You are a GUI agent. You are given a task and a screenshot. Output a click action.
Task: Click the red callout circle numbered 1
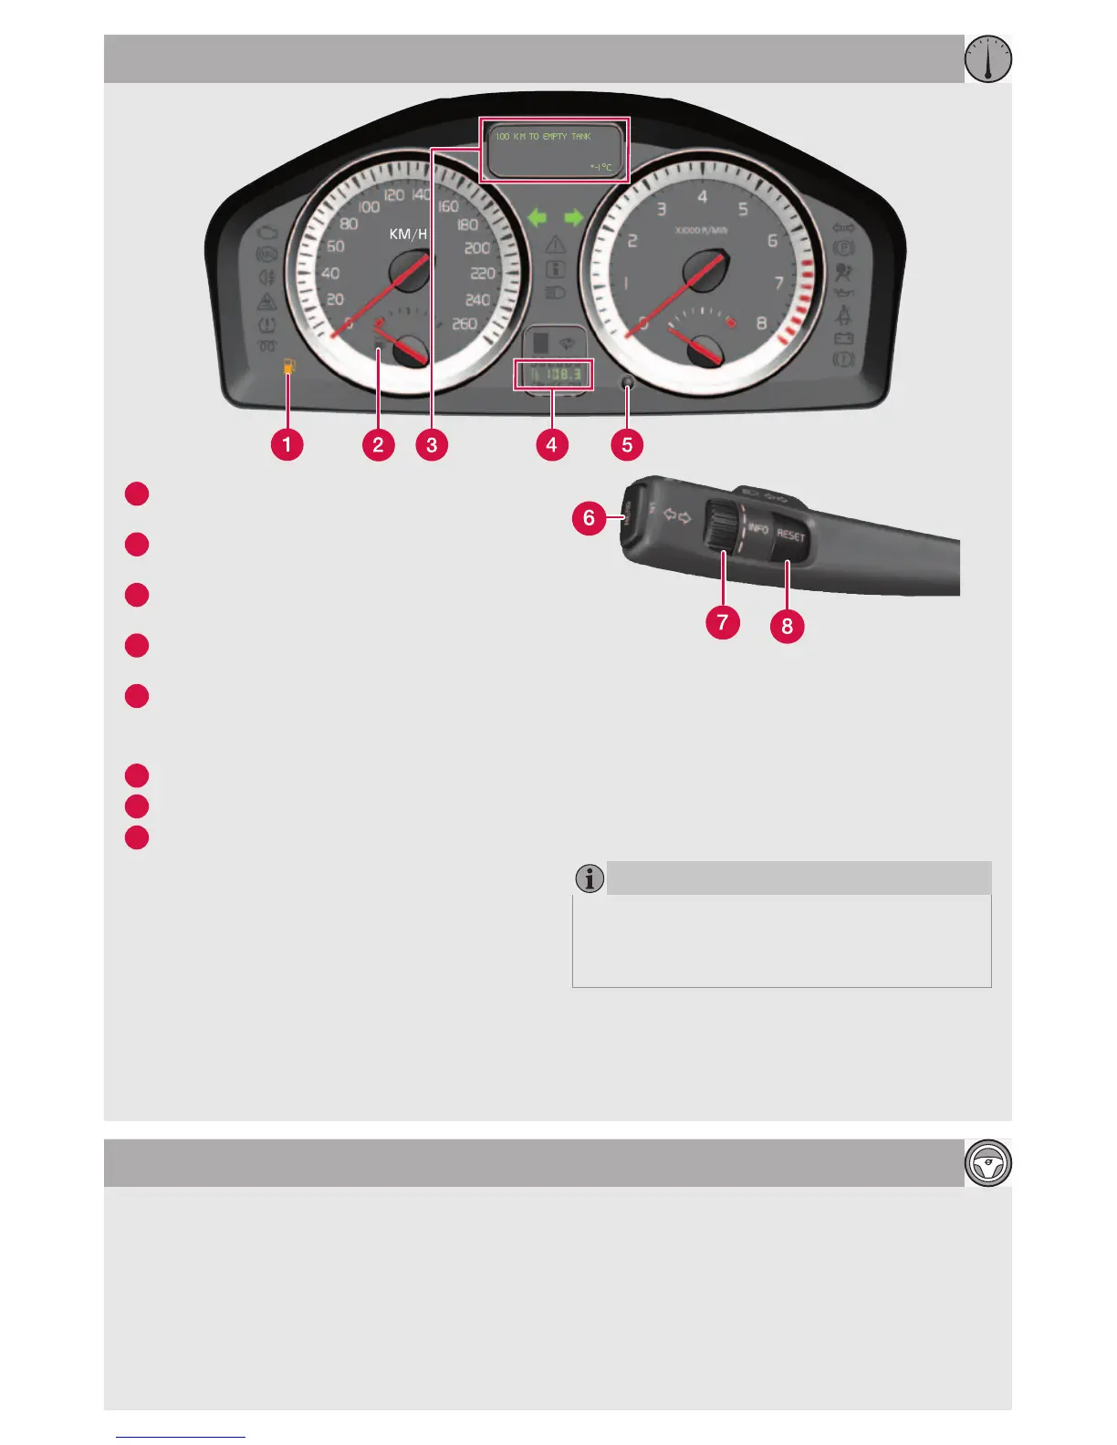click(287, 444)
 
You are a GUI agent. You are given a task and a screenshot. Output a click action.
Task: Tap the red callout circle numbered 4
click(551, 444)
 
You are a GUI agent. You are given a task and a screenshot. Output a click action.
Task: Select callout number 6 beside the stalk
click(589, 518)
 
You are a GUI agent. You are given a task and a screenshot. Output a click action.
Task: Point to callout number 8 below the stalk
click(787, 626)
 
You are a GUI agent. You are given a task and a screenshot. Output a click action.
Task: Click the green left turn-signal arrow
click(538, 217)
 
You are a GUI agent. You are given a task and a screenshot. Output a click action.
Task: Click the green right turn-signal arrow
click(573, 217)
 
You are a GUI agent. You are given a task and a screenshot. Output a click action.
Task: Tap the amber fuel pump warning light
click(289, 367)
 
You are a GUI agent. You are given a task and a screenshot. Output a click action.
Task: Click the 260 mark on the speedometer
click(465, 324)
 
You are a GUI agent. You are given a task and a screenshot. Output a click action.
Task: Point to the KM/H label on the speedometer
click(408, 234)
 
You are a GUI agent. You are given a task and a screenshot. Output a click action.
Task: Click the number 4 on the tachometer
click(702, 196)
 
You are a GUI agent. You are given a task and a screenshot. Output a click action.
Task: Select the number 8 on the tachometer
click(761, 324)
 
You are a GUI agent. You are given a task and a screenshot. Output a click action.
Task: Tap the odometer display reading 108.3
click(554, 374)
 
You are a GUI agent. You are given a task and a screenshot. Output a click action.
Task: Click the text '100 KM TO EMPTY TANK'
click(543, 136)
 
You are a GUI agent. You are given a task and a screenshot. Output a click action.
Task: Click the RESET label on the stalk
click(791, 535)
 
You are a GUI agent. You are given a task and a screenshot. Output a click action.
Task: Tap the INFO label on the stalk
click(758, 529)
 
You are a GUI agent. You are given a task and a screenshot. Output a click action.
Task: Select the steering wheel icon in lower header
click(988, 1163)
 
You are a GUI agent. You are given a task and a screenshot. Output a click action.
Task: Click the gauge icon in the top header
click(988, 59)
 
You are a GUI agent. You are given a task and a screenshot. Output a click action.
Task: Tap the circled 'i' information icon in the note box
click(590, 878)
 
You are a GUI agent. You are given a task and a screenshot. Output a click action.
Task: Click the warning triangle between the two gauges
click(556, 244)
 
